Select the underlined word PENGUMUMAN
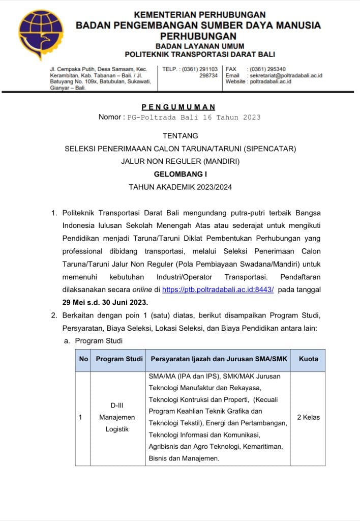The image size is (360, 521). click(178, 107)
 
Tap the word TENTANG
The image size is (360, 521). click(180, 136)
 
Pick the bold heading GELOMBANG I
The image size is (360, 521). click(180, 174)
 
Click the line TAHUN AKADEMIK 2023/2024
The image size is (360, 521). click(180, 187)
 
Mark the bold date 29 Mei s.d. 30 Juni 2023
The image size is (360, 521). click(105, 302)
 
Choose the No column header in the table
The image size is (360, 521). click(83, 359)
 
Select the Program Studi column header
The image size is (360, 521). click(119, 359)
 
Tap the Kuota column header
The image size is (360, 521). click(308, 359)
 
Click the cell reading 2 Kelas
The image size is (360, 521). click(308, 417)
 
